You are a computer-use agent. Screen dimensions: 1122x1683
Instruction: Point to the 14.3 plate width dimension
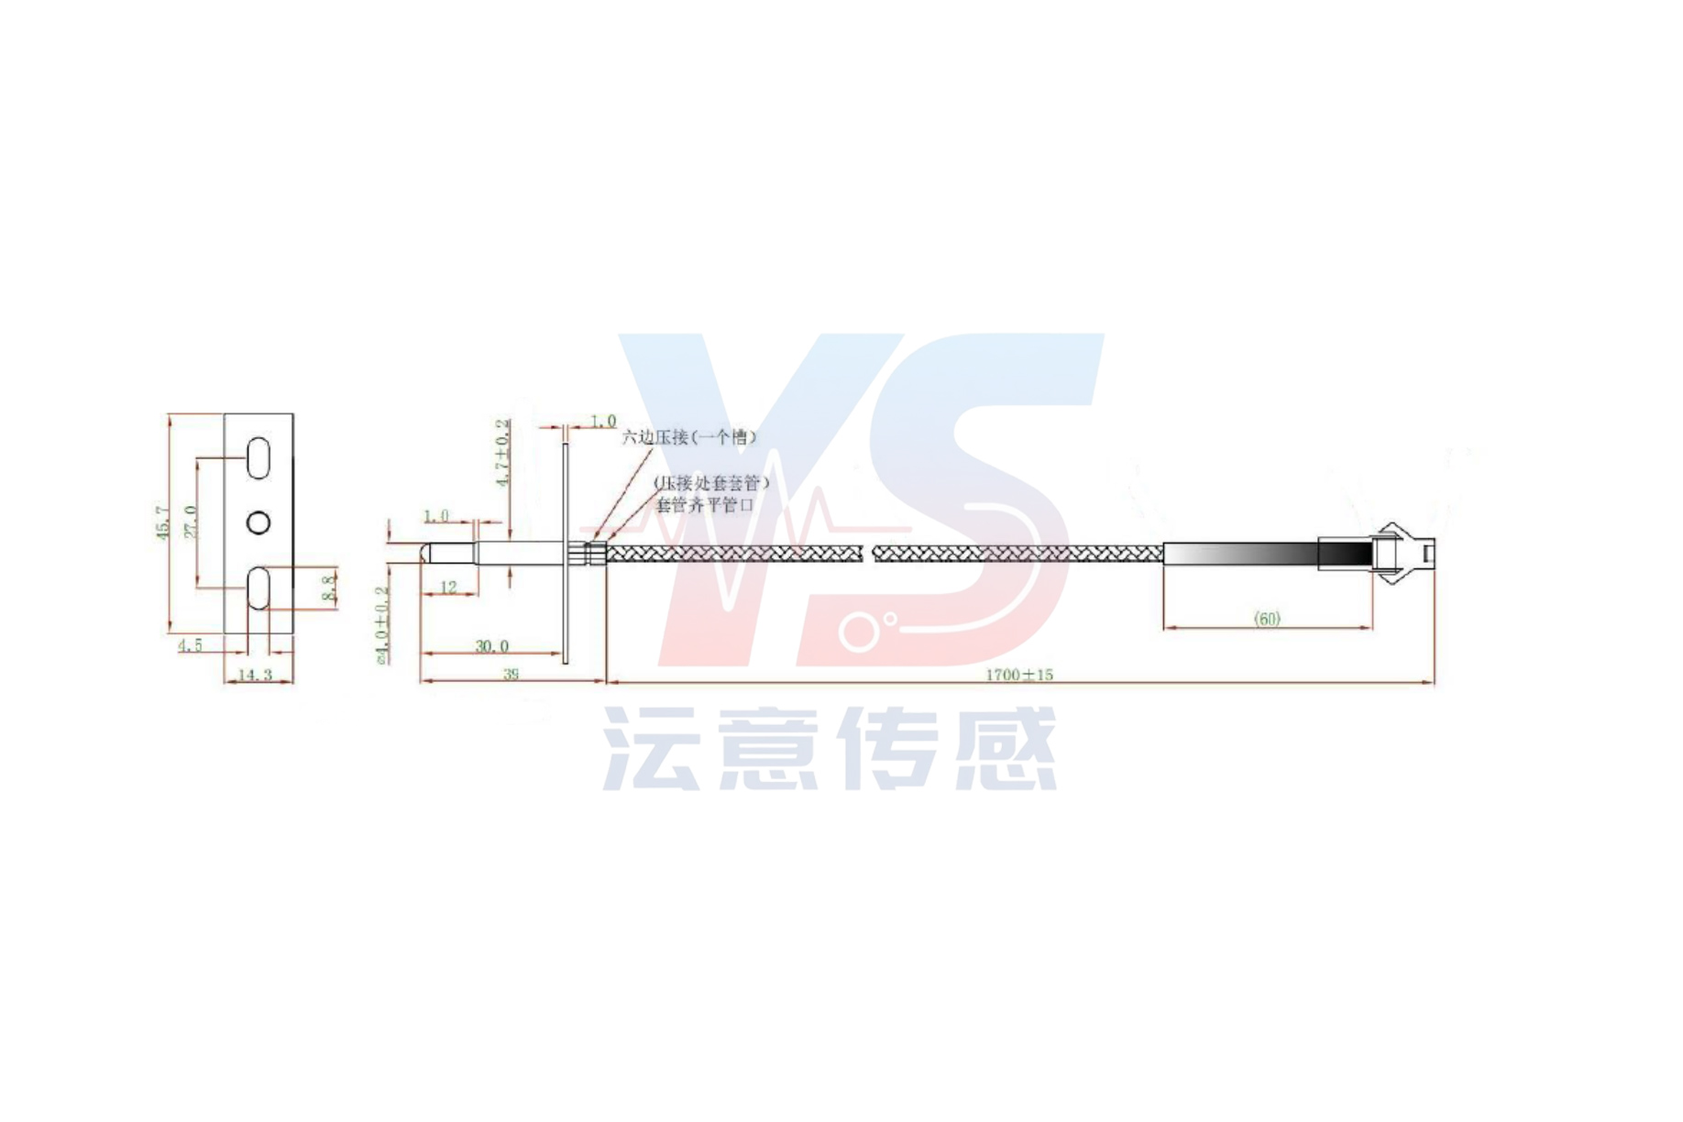[x=255, y=675]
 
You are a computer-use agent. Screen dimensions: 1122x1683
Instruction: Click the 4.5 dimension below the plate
[x=190, y=645]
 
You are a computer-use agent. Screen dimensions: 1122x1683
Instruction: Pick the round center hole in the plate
[x=258, y=522]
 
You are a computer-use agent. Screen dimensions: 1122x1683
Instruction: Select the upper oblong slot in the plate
[x=258, y=458]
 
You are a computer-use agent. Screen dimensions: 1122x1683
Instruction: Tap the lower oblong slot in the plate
[x=258, y=588]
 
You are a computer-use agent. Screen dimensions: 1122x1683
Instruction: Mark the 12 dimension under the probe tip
[x=448, y=587]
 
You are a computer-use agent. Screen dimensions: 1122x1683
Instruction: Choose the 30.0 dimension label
[x=491, y=646]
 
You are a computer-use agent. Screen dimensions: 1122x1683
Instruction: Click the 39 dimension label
[x=511, y=674]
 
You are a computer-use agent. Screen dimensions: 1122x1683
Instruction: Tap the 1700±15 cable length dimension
[x=1019, y=675]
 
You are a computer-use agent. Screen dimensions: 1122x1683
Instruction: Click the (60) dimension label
[x=1267, y=619]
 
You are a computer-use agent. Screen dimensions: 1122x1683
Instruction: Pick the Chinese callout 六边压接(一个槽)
[x=690, y=437]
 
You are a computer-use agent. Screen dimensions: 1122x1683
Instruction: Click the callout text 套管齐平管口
[x=705, y=505]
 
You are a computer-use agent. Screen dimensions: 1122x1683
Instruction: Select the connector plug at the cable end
[x=1402, y=553]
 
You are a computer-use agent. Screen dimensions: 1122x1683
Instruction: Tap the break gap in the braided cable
[x=868, y=553]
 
